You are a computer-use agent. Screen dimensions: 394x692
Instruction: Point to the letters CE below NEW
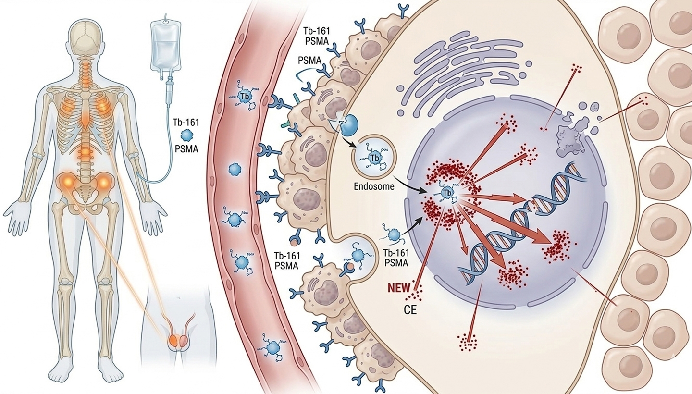pos(410,309)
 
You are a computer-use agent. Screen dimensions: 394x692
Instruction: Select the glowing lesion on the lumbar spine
pos(85,153)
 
